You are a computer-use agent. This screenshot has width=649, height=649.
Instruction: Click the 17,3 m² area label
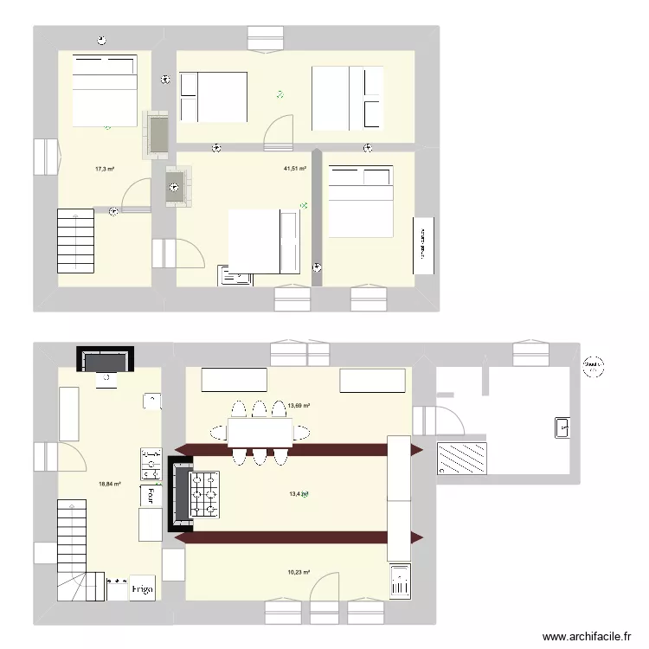point(105,170)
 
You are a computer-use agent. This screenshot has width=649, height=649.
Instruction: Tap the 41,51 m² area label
point(295,169)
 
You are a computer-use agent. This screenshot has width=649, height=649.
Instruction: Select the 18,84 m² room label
point(110,485)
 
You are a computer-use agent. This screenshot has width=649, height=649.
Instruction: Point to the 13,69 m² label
point(299,405)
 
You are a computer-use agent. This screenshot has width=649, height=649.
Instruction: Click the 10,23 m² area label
point(299,572)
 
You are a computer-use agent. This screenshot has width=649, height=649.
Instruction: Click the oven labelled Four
point(151,495)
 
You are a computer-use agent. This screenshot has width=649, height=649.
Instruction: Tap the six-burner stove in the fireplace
point(204,495)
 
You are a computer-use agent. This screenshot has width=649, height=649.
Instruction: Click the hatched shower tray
point(463,458)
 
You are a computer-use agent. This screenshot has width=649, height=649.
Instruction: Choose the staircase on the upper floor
point(75,241)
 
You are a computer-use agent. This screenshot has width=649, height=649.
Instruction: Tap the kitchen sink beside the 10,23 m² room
point(400,582)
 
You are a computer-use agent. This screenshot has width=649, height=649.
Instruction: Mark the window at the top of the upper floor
point(265,38)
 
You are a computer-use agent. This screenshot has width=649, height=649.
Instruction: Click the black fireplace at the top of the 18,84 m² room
point(106,358)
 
